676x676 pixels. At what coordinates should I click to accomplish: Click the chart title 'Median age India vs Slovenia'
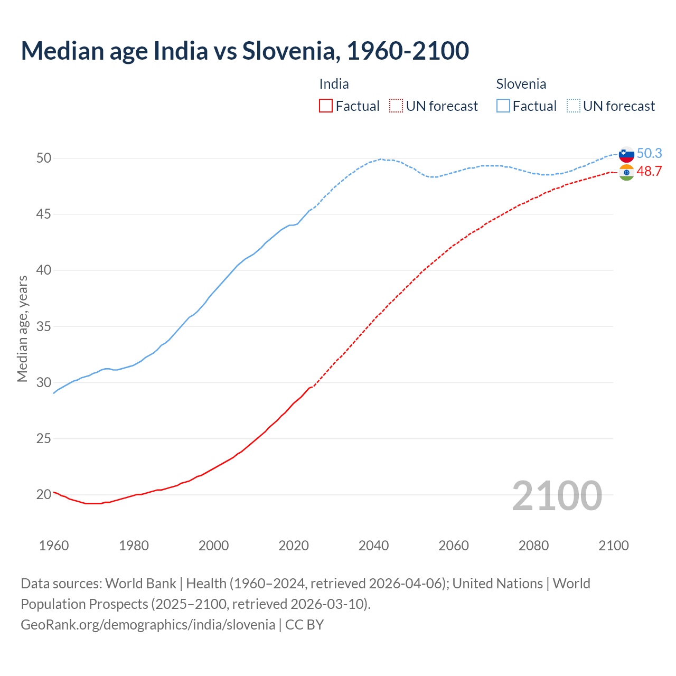tap(245, 51)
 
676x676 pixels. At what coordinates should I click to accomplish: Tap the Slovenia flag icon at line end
tap(626, 154)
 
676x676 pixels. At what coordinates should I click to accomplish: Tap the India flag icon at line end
tap(626, 172)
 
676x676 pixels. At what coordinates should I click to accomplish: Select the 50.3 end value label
tap(649, 153)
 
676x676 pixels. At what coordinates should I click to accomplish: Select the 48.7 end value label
tap(649, 171)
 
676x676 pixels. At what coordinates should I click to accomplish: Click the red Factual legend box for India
tap(326, 106)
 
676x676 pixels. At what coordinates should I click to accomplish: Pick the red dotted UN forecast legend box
tap(396, 106)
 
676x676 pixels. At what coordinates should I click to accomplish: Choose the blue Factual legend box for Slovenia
tap(503, 106)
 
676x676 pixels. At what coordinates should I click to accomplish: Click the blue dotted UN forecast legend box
tap(574, 106)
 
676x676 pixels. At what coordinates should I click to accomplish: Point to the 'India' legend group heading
tap(334, 84)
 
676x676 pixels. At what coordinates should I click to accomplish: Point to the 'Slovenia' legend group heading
tap(521, 84)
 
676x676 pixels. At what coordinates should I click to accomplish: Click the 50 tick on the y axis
tap(43, 158)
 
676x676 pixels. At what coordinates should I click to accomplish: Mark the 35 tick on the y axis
tap(43, 326)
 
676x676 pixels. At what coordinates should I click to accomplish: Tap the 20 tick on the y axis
tap(43, 495)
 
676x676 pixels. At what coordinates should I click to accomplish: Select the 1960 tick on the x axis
tap(54, 546)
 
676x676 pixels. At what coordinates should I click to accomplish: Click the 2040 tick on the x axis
tap(373, 546)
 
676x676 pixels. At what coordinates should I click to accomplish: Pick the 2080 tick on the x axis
tap(533, 546)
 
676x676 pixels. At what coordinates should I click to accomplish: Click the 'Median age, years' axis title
tap(22, 328)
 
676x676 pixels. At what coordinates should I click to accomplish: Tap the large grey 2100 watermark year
tap(557, 495)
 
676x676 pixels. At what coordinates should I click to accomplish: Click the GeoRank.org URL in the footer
tap(148, 625)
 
